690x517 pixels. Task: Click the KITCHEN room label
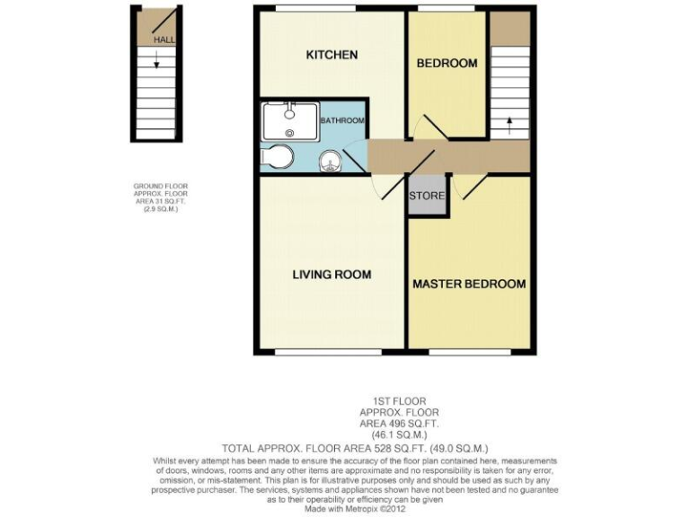(332, 56)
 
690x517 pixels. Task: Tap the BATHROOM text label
(344, 120)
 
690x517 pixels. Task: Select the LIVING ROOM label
(332, 275)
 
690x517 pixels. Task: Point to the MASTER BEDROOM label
(469, 285)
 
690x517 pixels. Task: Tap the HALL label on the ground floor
(164, 40)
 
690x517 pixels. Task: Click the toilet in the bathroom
(278, 158)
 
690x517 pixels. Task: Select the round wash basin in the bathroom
(332, 162)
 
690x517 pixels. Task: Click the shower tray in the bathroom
(289, 118)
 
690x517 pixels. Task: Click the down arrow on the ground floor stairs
(157, 63)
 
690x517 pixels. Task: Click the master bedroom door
(470, 185)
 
